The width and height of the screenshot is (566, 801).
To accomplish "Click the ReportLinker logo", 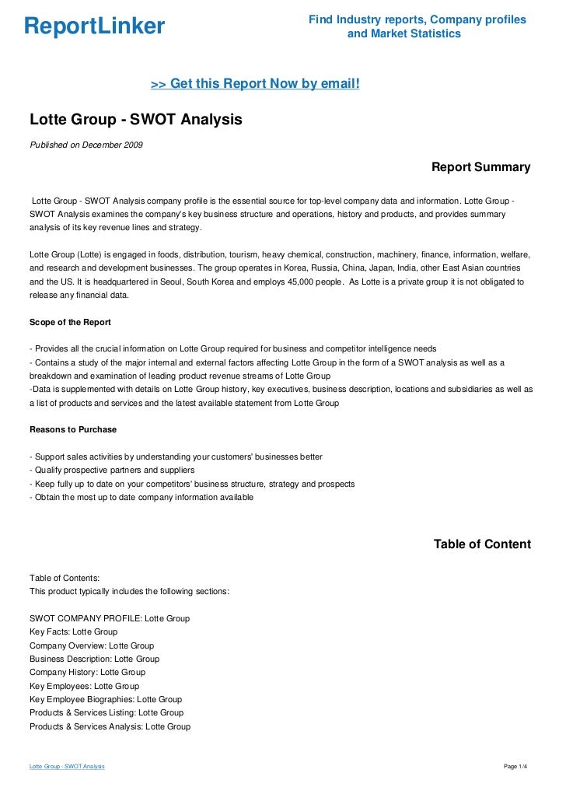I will [94, 26].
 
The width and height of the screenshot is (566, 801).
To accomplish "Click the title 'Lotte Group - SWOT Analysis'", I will [136, 120].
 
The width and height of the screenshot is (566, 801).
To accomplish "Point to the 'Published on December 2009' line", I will [86, 145].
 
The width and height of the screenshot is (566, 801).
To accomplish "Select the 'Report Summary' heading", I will [480, 167].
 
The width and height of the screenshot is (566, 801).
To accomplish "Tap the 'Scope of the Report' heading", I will [70, 322].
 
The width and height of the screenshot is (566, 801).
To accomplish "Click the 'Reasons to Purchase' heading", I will [73, 429].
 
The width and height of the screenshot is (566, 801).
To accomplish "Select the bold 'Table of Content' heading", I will [482, 544].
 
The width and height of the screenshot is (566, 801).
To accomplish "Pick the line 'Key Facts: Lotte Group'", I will [73, 632].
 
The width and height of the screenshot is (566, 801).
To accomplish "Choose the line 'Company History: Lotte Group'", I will [87, 672].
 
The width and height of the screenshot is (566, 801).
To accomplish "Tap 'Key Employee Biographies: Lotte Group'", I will [106, 699].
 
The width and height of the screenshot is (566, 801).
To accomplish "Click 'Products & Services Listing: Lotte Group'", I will [107, 712].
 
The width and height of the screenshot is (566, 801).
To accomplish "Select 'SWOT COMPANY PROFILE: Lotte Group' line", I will [110, 618].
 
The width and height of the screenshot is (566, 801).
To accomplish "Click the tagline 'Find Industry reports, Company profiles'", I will [418, 19].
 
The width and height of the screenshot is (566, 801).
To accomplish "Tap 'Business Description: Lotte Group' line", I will [94, 659].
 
